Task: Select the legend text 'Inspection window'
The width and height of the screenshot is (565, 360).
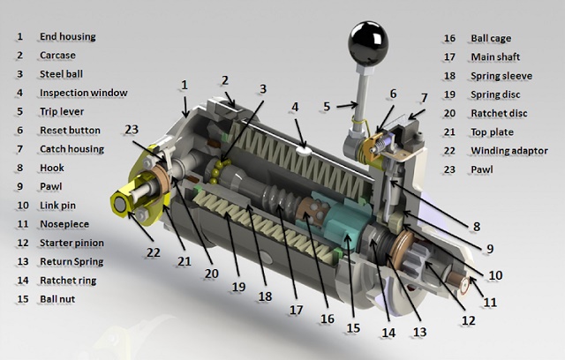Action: [83, 93]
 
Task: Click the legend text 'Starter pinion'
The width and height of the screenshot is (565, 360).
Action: [71, 243]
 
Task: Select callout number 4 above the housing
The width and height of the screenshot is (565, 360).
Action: [294, 107]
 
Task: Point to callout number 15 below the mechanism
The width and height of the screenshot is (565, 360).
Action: [351, 327]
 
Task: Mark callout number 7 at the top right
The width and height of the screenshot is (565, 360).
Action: [423, 97]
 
